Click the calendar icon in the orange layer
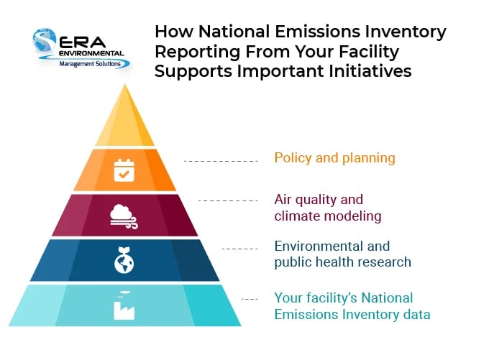tap(124, 170)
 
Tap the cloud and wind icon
tap(124, 216)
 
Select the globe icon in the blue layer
tap(124, 260)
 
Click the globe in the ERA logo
tap(45, 40)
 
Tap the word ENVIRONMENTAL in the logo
tap(91, 53)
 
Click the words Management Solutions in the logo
tap(90, 64)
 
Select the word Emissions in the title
tap(317, 32)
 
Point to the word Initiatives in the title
tap(370, 70)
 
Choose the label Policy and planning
tap(334, 158)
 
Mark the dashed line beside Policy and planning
tap(221, 161)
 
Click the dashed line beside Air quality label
tap(228, 200)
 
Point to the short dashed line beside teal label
tap(250, 299)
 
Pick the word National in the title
tap(234, 32)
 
